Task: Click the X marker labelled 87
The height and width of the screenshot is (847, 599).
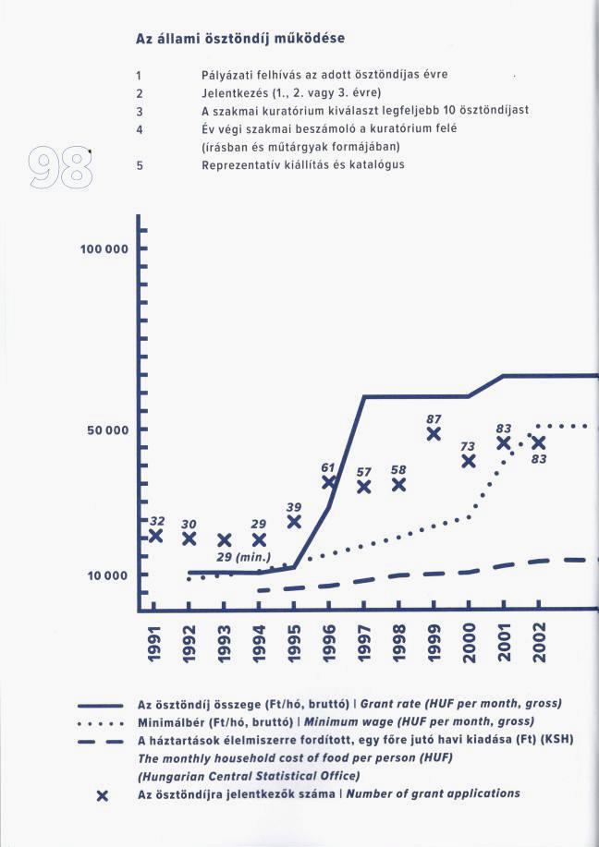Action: click(434, 433)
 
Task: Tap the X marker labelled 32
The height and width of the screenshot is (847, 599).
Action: click(155, 536)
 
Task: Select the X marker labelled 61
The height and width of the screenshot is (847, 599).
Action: click(329, 482)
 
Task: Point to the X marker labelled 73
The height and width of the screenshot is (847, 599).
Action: click(469, 461)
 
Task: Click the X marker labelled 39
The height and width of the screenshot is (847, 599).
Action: click(294, 522)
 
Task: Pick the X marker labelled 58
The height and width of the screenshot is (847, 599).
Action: click(398, 484)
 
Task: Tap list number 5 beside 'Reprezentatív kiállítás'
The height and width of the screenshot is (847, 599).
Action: click(139, 165)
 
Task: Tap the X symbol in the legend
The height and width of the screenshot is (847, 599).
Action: click(104, 795)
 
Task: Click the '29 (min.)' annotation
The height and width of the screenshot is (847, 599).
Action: click(243, 557)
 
